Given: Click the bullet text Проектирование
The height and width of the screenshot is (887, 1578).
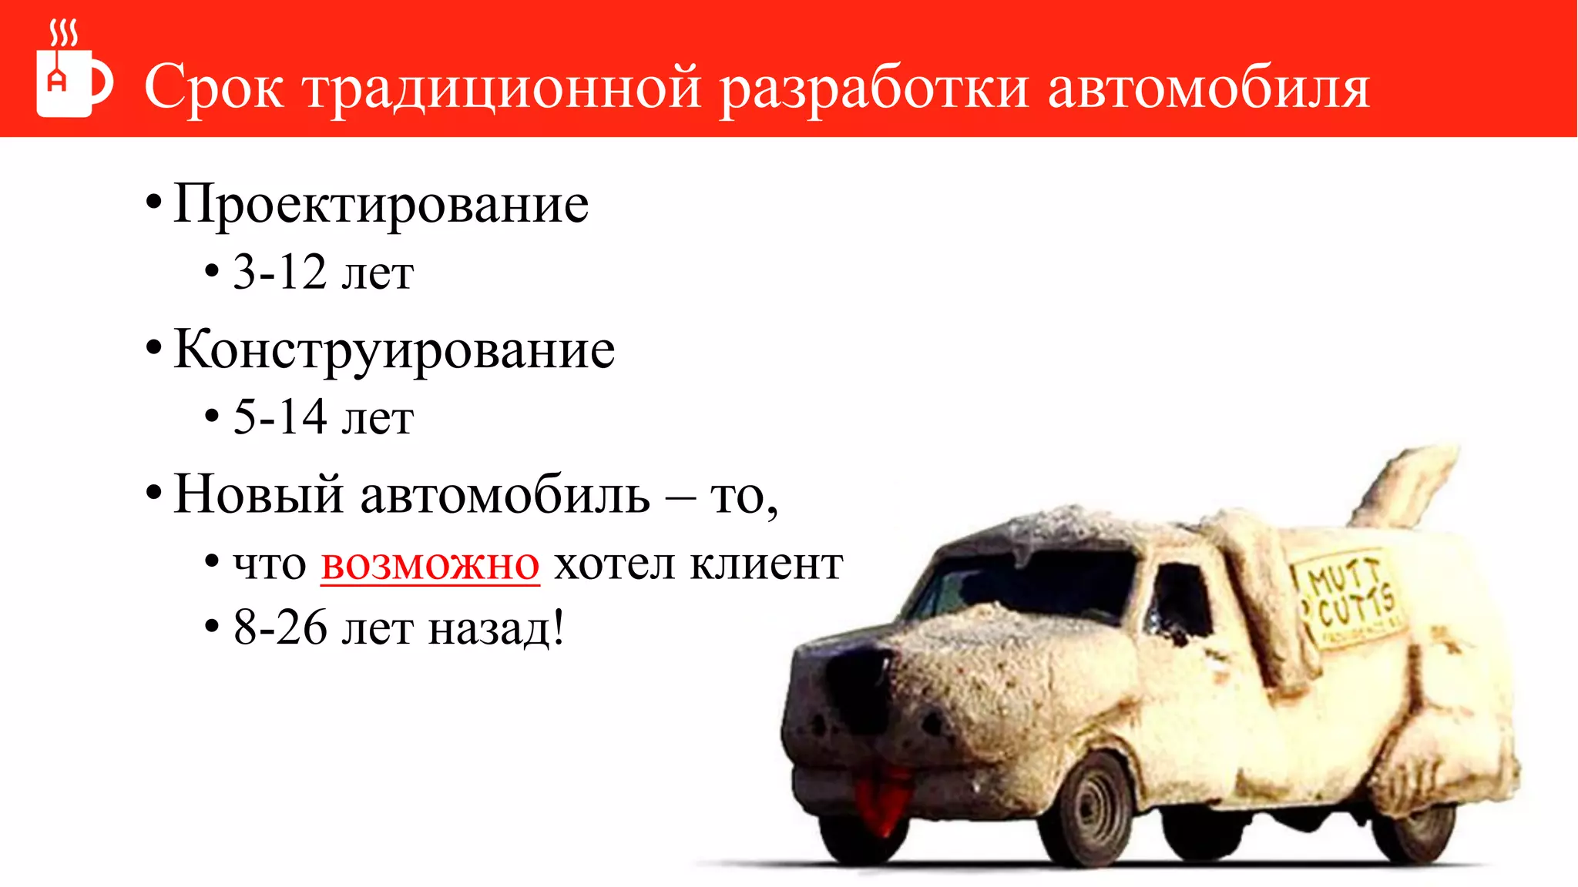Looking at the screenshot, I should point(381,204).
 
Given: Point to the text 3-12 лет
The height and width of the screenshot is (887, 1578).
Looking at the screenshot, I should point(323,273).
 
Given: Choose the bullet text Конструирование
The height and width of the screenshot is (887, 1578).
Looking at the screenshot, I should point(394,350).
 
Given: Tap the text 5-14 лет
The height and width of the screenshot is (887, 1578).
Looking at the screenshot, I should point(323,418).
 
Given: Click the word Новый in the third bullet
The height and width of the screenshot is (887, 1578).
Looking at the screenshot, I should point(258,494).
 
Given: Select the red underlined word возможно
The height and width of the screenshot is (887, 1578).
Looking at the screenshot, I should point(430,564).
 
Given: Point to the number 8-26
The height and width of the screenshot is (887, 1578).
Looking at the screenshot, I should point(280,628).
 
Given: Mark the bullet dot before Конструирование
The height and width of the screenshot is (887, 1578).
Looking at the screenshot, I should point(153,349).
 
